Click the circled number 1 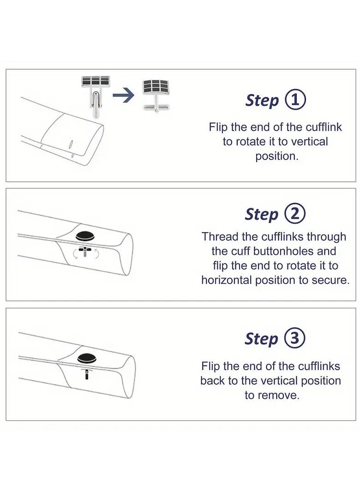[x=295, y=100]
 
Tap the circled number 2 [x=294, y=214]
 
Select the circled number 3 [x=294, y=339]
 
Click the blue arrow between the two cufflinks [x=123, y=96]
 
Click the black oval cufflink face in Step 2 [x=85, y=236]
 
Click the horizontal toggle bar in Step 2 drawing [x=85, y=249]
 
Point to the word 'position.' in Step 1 [x=276, y=156]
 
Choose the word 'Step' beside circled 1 [x=262, y=100]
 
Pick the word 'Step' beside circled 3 [x=261, y=339]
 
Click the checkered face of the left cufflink [x=96, y=81]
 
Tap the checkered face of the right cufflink [x=156, y=86]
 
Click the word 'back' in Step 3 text [x=213, y=381]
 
